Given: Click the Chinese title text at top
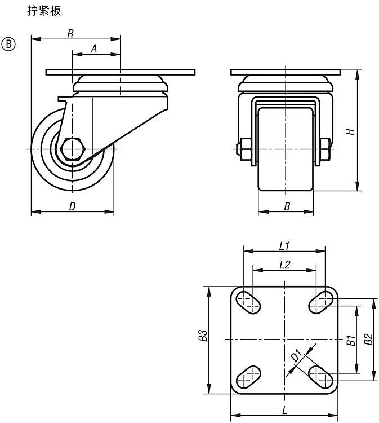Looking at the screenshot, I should point(44,11).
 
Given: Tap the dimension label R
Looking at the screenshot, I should point(70,33).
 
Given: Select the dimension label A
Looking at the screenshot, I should point(94,49).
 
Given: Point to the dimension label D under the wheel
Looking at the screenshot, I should point(72,206).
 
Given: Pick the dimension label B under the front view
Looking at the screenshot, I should point(287,207).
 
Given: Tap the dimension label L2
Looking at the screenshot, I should point(284,264).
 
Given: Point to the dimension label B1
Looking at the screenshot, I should point(350,340).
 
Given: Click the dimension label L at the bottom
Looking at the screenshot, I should point(284,410).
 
